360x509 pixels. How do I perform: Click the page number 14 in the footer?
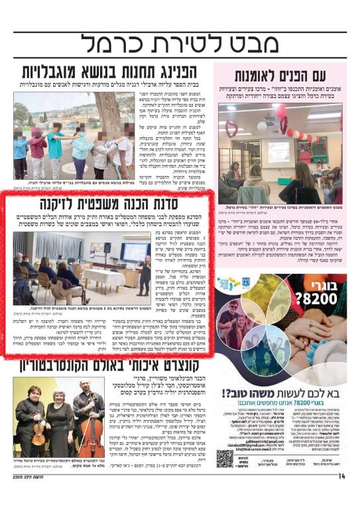(x=343, y=494)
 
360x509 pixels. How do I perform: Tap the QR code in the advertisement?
(x=225, y=458)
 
